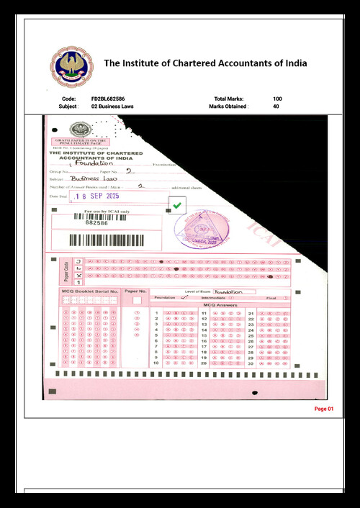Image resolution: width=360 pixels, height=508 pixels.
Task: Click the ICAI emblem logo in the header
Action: (71, 66)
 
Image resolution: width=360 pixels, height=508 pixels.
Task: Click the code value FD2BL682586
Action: (108, 98)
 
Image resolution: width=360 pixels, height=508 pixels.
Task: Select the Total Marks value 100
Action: (278, 98)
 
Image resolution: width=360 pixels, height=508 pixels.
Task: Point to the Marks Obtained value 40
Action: (276, 106)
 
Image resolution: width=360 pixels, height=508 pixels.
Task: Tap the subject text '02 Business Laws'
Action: (112, 106)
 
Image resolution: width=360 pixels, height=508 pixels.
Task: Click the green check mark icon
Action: (178, 206)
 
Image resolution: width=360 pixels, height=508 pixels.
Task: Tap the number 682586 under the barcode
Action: (96, 223)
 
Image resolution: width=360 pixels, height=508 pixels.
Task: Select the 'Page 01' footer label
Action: (325, 409)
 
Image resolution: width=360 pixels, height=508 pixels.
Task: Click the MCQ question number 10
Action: (156, 363)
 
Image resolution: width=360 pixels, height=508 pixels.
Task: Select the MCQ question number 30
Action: (250, 363)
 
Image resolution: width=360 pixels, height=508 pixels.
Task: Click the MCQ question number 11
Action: (204, 314)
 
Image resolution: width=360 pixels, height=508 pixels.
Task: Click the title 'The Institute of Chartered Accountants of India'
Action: (206, 63)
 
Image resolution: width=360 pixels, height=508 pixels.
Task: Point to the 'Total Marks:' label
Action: (229, 98)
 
